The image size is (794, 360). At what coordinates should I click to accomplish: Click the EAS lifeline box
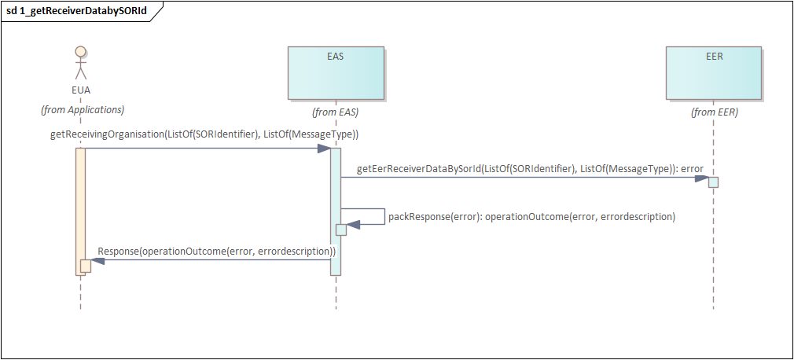pos(336,73)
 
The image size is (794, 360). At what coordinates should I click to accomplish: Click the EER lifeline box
pos(714,73)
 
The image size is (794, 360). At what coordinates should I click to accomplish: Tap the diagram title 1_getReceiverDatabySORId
pos(76,12)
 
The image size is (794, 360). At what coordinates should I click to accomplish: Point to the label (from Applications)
pos(83,110)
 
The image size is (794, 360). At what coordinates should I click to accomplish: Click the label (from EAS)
pos(336,112)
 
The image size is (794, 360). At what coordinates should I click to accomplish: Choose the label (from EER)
pos(715,112)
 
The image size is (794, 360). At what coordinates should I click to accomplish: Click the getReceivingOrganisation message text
pos(204,134)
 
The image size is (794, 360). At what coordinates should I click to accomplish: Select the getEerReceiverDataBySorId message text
pos(530,168)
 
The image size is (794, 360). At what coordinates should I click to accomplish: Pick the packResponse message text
pos(531,216)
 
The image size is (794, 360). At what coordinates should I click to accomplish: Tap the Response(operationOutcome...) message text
pos(217,252)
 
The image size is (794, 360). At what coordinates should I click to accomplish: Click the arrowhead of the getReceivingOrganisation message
pos(324,148)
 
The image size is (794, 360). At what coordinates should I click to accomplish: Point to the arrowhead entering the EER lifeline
pos(702,178)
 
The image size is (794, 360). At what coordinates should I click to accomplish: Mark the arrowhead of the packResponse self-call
pos(353,225)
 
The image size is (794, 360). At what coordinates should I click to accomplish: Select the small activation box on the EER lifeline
pos(713,182)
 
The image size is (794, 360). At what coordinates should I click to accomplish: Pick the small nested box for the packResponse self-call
pos(341,230)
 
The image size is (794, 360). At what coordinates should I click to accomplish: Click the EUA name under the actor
pos(80,90)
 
